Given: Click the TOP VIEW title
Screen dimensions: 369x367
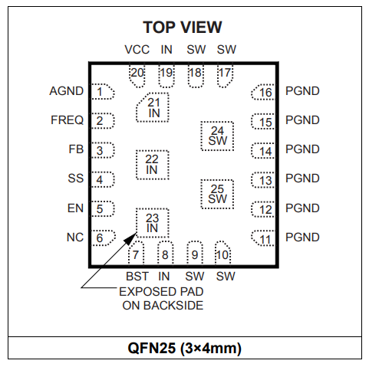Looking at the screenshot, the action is click(183, 28).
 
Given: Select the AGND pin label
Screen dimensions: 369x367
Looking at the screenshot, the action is click(67, 91).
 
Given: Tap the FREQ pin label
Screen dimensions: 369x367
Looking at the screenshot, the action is click(68, 120).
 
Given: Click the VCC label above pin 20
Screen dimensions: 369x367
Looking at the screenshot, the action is click(137, 50).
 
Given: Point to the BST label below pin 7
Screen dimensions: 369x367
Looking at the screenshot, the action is click(137, 277).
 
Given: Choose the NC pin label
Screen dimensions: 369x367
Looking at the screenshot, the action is click(75, 238).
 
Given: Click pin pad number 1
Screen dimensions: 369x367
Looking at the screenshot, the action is click(103, 91).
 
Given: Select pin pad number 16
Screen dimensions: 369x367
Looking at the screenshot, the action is click(263, 92).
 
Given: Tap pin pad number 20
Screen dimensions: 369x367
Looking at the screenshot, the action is click(137, 76).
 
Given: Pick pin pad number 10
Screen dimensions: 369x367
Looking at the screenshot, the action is click(222, 253).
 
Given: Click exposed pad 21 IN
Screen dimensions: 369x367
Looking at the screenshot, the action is click(153, 107).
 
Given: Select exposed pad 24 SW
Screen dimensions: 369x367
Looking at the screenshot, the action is click(217, 136).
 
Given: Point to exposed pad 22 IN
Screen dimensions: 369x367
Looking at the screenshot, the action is click(153, 165).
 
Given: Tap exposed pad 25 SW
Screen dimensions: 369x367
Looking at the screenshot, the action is click(217, 195).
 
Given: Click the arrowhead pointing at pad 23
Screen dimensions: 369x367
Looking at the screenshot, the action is click(131, 238).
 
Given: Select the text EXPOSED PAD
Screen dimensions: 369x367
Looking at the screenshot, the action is click(161, 292).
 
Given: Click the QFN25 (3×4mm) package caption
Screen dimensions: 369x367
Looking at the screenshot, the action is click(185, 348).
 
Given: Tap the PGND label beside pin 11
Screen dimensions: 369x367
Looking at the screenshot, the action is click(302, 238).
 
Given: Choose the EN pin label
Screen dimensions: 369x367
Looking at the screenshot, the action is click(75, 208).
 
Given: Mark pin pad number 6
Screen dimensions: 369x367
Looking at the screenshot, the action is click(104, 238).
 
